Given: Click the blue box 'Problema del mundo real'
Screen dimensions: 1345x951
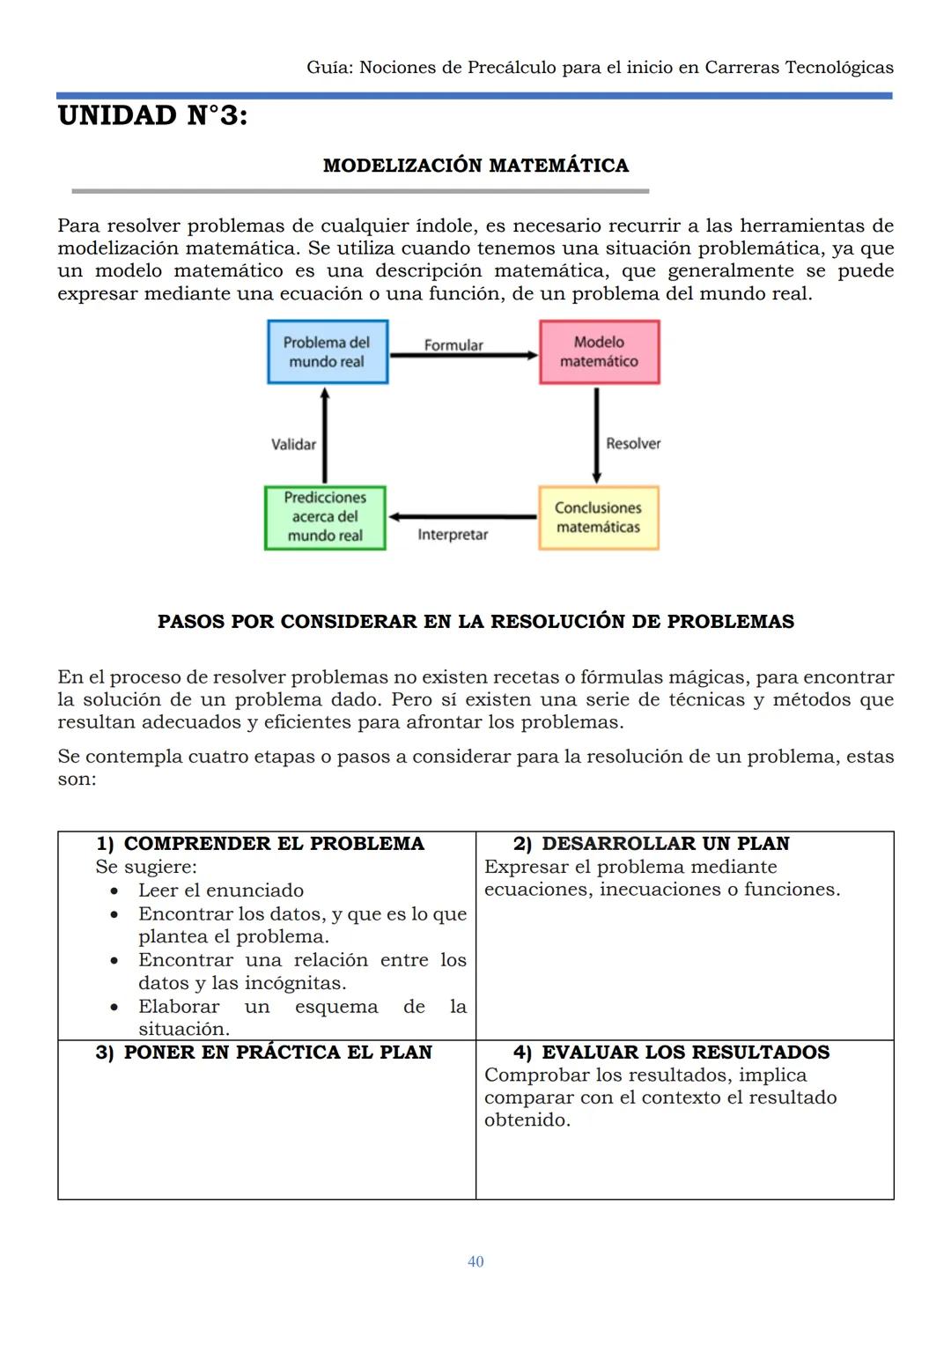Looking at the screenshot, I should pyautogui.click(x=328, y=352).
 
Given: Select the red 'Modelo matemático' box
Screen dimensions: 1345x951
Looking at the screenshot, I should pyautogui.click(x=599, y=352).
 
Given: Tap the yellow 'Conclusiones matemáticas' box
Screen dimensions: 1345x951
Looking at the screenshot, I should pyautogui.click(x=598, y=518).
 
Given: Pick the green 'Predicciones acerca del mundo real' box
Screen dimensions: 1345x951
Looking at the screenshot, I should pyautogui.click(x=325, y=518).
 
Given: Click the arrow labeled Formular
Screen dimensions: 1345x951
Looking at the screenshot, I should pyautogui.click(x=463, y=356).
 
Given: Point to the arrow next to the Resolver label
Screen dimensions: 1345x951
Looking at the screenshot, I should pyautogui.click(x=596, y=435).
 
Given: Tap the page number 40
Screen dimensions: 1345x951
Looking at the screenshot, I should pyautogui.click(x=475, y=1261).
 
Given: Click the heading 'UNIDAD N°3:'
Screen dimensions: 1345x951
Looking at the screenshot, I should pyautogui.click(x=152, y=115).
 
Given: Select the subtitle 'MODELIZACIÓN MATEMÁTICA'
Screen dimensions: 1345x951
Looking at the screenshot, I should pyautogui.click(x=475, y=166).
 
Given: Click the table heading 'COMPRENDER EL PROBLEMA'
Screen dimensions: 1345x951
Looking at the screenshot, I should pyautogui.click(x=274, y=844).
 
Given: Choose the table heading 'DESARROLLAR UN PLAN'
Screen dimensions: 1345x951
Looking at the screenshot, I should pyautogui.click(x=665, y=844).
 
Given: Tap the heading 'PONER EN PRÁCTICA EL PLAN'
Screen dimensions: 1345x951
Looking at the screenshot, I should pyautogui.click(x=277, y=1053).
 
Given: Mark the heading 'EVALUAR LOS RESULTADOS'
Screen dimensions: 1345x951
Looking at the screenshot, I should pyautogui.click(x=685, y=1053).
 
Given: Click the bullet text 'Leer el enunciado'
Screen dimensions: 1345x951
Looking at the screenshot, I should pyautogui.click(x=220, y=891).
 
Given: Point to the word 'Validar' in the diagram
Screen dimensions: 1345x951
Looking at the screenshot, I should pyautogui.click(x=293, y=445).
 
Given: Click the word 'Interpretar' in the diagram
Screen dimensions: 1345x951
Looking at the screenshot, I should pyautogui.click(x=453, y=535).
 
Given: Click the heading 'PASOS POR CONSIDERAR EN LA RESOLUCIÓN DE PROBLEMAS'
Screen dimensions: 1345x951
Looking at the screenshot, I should pyautogui.click(x=475, y=622).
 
